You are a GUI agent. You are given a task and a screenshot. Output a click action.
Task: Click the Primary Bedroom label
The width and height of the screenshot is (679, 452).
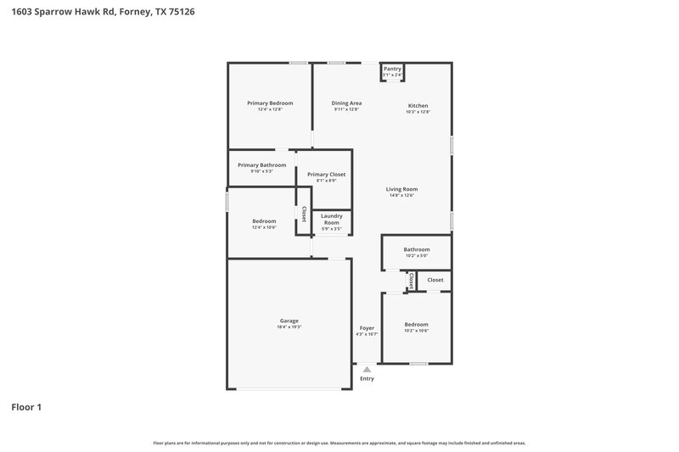point(270,103)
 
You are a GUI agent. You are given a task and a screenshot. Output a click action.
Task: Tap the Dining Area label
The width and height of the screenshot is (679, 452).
point(346,103)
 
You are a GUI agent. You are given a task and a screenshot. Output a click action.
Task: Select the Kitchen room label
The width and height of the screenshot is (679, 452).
point(418,105)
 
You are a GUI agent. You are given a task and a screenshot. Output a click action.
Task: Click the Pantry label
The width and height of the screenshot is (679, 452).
point(392,69)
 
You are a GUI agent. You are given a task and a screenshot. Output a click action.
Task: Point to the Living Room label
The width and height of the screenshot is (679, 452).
point(401,189)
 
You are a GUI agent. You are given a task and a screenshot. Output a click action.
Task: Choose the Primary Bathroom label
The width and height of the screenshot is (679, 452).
point(261,165)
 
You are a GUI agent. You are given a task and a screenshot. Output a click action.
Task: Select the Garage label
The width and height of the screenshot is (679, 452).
point(289,321)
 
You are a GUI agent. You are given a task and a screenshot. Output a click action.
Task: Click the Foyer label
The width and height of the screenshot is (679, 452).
point(367,327)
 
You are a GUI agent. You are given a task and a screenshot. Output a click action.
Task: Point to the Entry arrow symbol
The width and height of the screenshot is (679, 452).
point(367,369)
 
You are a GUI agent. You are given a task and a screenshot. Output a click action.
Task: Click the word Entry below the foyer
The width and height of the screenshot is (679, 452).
point(367,378)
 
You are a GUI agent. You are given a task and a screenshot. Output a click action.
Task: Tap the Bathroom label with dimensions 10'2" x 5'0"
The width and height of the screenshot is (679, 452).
point(417,249)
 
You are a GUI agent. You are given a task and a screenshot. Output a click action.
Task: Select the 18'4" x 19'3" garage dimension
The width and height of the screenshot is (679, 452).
point(289,327)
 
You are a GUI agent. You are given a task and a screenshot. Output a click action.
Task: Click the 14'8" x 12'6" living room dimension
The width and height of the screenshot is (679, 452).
point(401,196)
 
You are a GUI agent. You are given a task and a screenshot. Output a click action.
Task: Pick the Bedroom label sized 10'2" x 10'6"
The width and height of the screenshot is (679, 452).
point(416,324)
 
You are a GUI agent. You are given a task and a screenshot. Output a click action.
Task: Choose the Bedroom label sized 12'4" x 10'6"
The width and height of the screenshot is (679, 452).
point(264,220)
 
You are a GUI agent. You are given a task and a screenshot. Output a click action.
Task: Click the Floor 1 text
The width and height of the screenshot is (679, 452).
point(26,407)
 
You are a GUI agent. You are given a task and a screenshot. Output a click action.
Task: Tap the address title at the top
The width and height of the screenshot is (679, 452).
point(92,13)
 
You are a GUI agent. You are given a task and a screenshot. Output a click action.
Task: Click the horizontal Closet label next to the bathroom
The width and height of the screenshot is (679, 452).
point(435,280)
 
